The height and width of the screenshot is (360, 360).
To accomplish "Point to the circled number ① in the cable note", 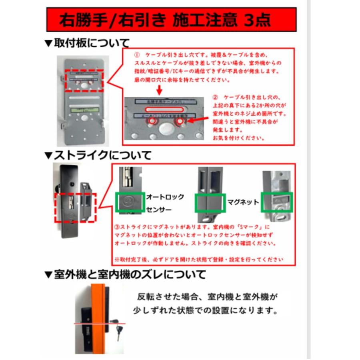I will click(136, 54).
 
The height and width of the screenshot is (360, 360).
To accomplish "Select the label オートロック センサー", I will click(165, 203).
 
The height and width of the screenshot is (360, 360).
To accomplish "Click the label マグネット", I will click(242, 202).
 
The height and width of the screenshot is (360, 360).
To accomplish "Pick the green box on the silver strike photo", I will click(276, 202).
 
